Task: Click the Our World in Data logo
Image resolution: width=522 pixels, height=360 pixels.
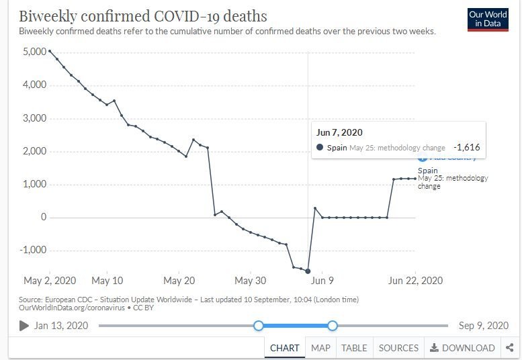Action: (x=488, y=19)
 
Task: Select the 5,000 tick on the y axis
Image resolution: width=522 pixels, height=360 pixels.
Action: (x=35, y=52)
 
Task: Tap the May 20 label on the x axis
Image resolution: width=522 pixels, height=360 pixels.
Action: (x=179, y=280)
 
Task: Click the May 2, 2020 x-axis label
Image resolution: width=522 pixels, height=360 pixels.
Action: (x=50, y=280)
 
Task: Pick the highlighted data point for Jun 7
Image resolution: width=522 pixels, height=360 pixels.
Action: (x=308, y=271)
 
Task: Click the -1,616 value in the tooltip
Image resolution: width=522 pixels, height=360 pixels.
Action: (x=466, y=147)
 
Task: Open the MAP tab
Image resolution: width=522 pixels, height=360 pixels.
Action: (x=320, y=348)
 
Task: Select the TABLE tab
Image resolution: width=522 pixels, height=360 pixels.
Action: (x=354, y=348)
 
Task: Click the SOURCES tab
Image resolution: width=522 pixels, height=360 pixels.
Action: (x=398, y=348)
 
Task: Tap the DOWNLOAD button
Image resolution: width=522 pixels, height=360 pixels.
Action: (x=462, y=348)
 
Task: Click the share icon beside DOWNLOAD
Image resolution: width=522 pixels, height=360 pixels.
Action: (x=509, y=348)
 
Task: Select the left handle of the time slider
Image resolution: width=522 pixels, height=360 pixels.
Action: (x=258, y=326)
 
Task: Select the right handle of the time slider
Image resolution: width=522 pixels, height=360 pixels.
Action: (x=332, y=326)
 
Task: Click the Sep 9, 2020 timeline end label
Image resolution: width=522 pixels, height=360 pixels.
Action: (x=484, y=326)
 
